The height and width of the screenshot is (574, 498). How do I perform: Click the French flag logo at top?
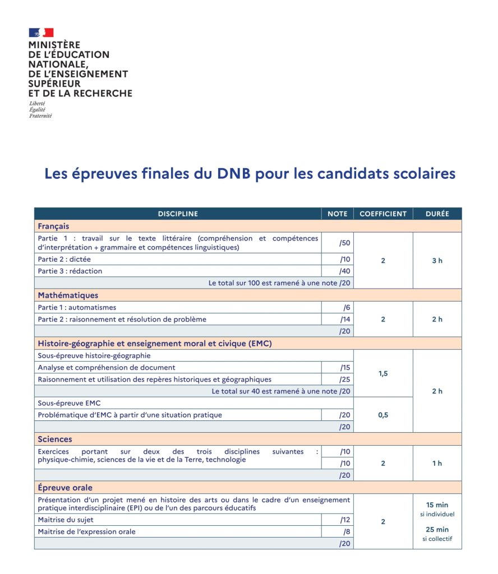41,33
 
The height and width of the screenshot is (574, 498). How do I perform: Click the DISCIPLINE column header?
178,214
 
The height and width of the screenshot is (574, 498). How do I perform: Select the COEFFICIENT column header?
383,214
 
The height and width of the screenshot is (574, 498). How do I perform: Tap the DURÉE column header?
437,214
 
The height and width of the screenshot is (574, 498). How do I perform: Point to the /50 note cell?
345,243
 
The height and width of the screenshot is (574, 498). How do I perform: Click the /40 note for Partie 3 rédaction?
345,271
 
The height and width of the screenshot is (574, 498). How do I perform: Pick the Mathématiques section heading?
68,295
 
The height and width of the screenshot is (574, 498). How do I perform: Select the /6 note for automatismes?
347,308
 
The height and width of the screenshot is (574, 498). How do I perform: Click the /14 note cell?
345,320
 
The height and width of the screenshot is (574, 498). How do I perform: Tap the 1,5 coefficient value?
383,373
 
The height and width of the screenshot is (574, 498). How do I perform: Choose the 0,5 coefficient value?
383,415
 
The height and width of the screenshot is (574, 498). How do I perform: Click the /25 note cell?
345,379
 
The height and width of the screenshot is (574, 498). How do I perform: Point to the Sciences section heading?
55,439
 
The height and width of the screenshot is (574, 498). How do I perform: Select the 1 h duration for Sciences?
437,463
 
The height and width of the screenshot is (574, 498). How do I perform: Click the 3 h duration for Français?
437,261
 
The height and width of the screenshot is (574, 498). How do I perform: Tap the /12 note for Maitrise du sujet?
345,520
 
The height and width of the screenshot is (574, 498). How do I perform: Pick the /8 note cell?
347,531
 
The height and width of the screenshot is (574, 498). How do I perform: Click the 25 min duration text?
437,530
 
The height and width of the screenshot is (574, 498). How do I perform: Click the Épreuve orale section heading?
65,488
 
